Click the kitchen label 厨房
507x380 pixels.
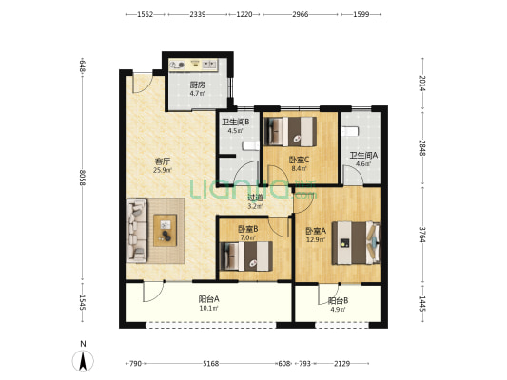[x=197, y=85]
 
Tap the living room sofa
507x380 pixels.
[x=137, y=230]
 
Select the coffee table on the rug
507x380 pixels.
[x=165, y=231]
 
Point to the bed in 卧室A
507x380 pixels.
[x=357, y=243]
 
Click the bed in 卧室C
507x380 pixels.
[x=290, y=131]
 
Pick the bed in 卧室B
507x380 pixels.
[x=246, y=256]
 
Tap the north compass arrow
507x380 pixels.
[x=83, y=361]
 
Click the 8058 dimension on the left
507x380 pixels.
[x=83, y=178]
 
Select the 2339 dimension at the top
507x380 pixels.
[x=198, y=14]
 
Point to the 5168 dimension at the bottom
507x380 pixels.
[x=211, y=364]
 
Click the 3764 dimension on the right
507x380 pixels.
[x=422, y=235]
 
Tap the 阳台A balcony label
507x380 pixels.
[x=208, y=299]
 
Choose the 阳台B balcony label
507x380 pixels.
[x=338, y=301]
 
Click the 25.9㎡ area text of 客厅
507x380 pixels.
[x=163, y=170]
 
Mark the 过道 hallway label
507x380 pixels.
[x=255, y=198]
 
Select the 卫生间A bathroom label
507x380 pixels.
[x=363, y=155]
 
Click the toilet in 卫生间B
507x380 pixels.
[x=250, y=146]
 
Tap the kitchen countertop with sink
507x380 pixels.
[x=193, y=65]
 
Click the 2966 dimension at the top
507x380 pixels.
[x=301, y=14]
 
